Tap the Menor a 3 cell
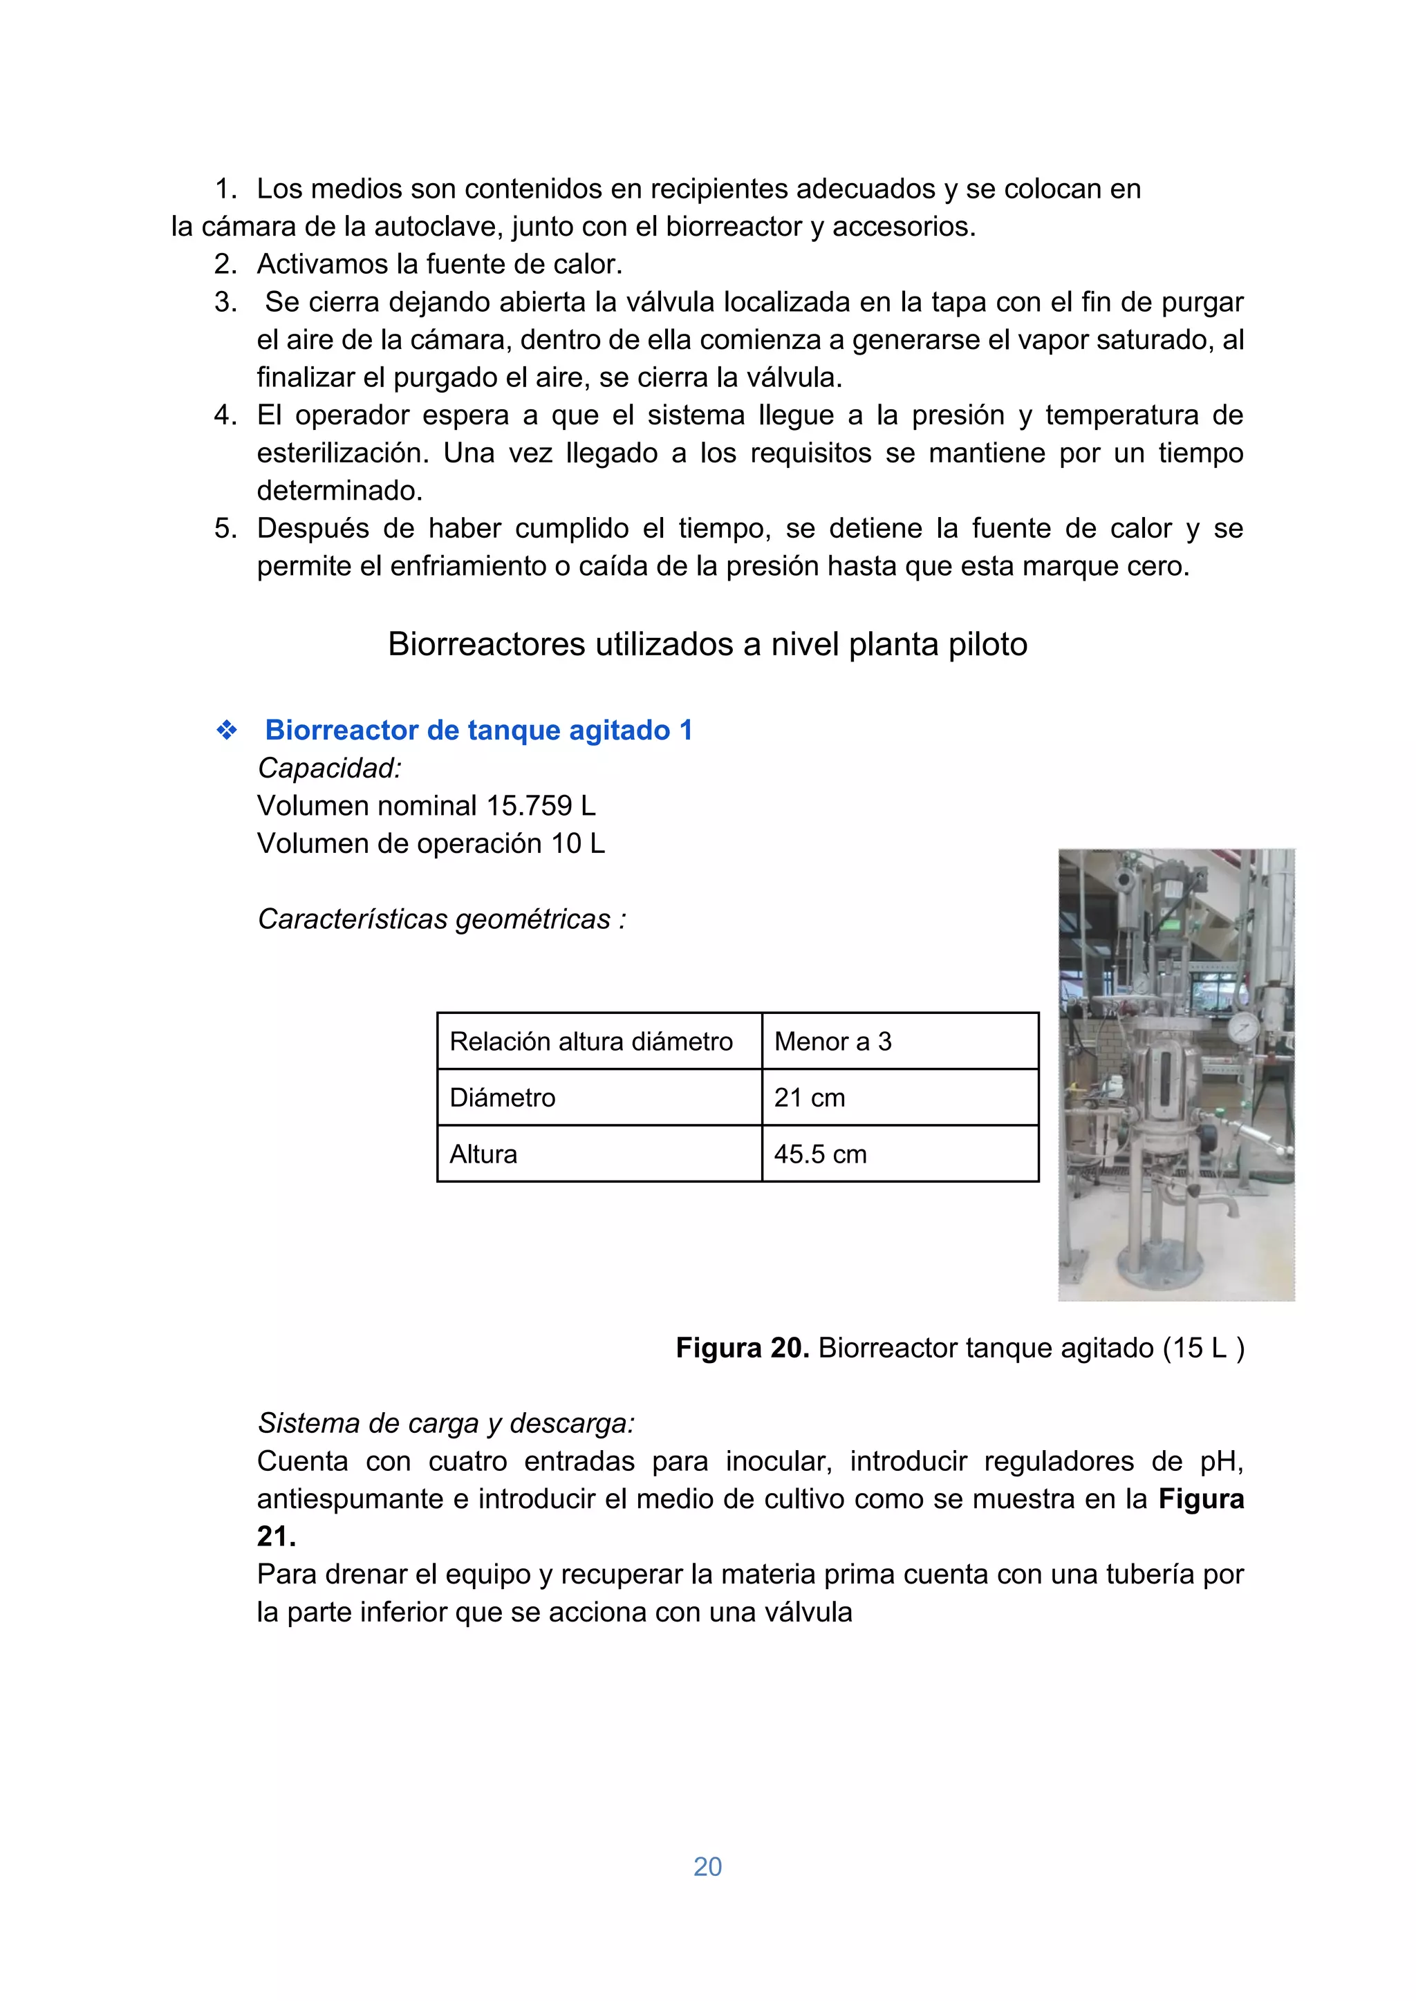832,1042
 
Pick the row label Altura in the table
483,1154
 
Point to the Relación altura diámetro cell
590,1042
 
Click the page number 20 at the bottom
707,1866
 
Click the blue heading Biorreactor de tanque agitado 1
478,731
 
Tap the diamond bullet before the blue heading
227,731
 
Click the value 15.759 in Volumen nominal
529,805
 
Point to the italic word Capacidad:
330,768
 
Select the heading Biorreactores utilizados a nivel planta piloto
707,644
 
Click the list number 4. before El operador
225,415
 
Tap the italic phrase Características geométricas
434,919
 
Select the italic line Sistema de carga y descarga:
445,1423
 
